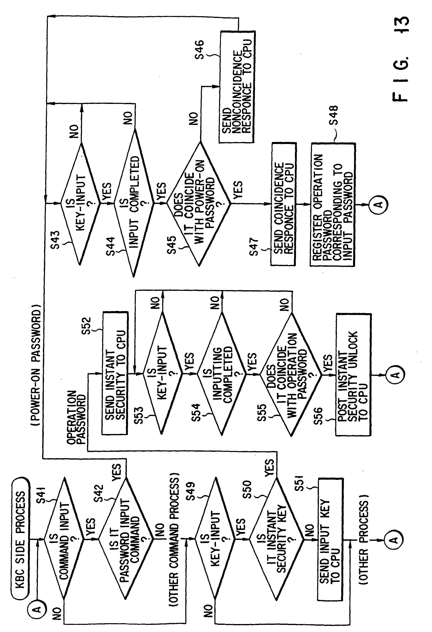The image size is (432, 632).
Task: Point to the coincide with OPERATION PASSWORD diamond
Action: pyautogui.click(x=291, y=374)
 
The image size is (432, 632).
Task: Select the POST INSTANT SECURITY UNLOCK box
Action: pyautogui.click(x=353, y=374)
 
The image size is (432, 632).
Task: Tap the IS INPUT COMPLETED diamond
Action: pyautogui.click(x=134, y=203)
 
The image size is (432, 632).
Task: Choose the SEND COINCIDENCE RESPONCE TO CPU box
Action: pyautogui.click(x=283, y=204)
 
